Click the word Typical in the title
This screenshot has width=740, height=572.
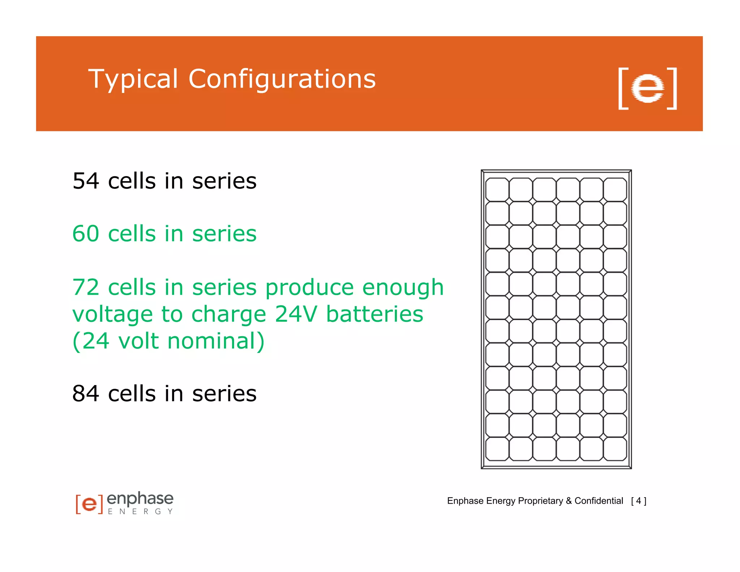click(133, 79)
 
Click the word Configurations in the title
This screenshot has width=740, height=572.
click(282, 79)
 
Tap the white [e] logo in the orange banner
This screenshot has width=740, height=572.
click(647, 88)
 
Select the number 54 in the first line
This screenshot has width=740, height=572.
click(86, 181)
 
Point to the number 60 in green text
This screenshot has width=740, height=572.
click(86, 234)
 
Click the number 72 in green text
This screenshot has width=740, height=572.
click(86, 287)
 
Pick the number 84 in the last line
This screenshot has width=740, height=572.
click(86, 393)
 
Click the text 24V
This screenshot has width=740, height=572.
click(296, 314)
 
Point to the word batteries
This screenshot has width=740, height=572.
click(374, 314)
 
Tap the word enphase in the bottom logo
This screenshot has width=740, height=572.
click(140, 499)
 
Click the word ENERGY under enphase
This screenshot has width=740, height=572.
click(140, 512)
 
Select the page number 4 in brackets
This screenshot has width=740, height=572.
click(638, 501)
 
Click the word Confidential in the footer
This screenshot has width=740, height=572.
click(598, 501)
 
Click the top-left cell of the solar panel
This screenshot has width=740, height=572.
click(497, 189)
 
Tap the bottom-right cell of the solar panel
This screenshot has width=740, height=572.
click(615, 449)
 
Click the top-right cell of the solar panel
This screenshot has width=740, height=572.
click(615, 189)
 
